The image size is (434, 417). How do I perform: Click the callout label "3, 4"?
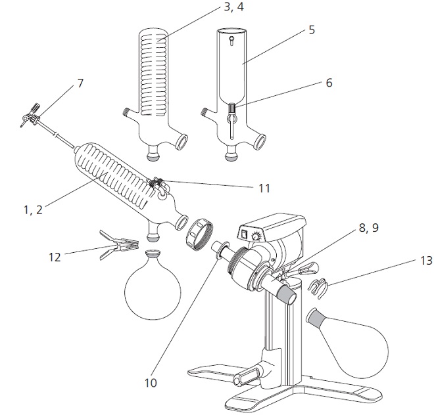point(234,7)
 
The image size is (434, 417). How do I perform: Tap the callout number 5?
point(312,30)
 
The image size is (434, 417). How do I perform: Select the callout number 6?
point(329,83)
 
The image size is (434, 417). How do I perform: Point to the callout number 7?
point(80,83)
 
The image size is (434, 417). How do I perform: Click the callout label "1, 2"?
point(34,209)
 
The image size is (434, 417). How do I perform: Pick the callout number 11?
point(264,188)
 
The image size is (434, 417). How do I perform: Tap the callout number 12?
point(55,257)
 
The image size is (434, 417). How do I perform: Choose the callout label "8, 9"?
point(369,228)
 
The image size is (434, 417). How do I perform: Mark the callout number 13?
point(426,260)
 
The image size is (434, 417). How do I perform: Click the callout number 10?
point(151,383)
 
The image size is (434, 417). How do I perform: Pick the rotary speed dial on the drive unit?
point(256,236)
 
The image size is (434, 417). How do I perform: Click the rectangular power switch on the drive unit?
point(245,234)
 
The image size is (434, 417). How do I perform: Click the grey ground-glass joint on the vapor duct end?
point(287,295)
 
